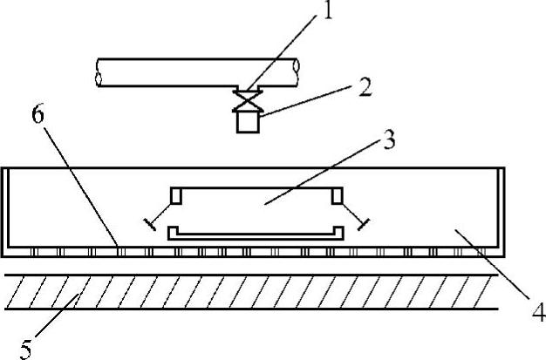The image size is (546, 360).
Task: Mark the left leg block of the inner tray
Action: [175, 196]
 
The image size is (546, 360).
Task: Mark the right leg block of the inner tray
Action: [336, 196]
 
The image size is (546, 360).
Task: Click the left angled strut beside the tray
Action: [160, 216]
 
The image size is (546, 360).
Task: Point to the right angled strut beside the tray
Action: [351, 216]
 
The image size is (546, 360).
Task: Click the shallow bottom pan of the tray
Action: [253, 233]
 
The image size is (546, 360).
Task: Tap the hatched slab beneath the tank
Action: [253, 291]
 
